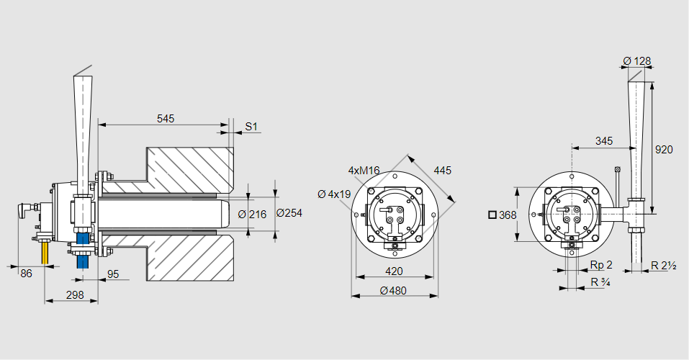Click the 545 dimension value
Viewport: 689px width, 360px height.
coord(166,118)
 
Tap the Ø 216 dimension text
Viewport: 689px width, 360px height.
coord(252,214)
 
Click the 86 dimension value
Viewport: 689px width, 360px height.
coord(26,274)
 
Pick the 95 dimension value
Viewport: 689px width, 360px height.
coord(113,274)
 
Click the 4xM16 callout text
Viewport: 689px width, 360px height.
coord(364,171)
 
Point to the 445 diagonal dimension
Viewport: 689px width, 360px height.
coord(443,171)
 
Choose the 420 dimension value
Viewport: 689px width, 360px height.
coord(393,271)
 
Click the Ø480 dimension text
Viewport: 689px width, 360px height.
coord(393,290)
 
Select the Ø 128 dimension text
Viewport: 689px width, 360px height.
coord(636,60)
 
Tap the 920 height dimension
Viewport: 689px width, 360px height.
coord(664,150)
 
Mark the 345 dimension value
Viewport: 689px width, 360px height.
coord(605,141)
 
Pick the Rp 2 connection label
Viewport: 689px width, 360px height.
coord(600,265)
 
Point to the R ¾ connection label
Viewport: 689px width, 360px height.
coord(600,282)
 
